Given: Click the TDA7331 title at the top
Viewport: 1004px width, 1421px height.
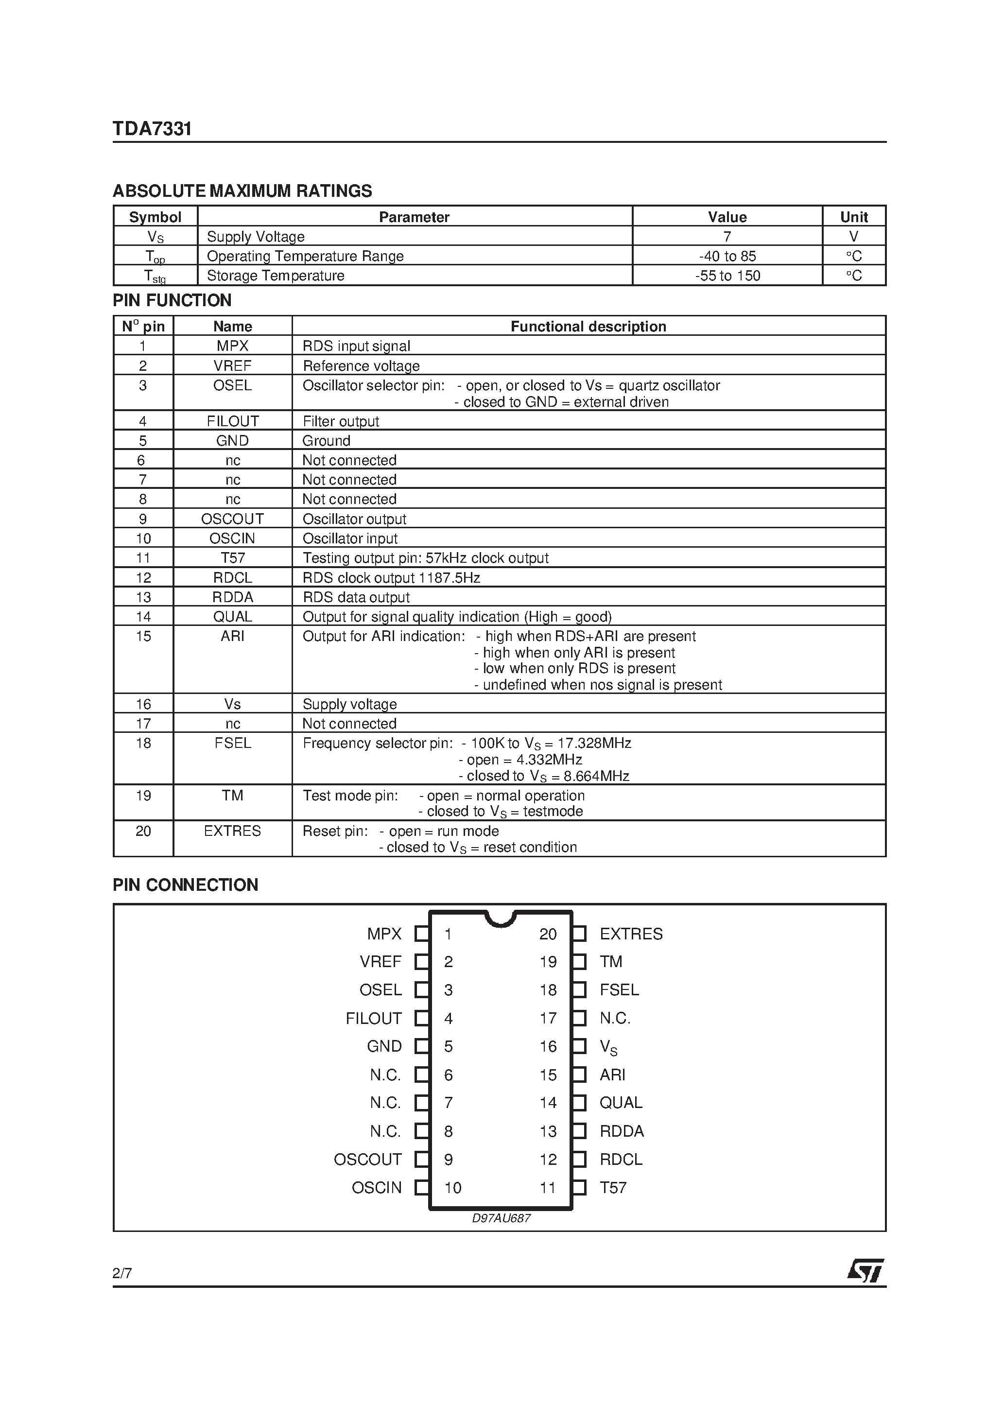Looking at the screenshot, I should (152, 129).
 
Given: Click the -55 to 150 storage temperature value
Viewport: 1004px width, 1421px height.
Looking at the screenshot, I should (727, 276).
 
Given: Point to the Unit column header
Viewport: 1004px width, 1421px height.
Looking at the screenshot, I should (853, 217).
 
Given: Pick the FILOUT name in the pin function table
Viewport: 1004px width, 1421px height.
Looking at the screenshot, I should (233, 421).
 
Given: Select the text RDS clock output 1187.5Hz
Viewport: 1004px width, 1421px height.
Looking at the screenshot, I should (391, 577).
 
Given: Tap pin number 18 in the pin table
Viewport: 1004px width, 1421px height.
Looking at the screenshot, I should (143, 743).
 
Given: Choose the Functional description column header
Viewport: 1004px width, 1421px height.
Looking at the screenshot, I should (588, 326).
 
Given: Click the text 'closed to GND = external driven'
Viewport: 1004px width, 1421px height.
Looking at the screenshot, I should (565, 402).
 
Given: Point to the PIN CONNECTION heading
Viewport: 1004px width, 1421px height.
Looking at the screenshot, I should (185, 884).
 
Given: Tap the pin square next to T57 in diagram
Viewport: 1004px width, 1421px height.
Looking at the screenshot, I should (579, 1188).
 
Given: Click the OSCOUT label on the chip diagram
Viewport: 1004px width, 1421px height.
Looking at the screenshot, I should (368, 1159).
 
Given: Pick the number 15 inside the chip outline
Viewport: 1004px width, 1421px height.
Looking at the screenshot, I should (548, 1075).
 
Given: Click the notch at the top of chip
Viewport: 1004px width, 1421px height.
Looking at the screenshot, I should (500, 918).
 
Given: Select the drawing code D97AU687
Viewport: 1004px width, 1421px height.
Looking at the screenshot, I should (501, 1218).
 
